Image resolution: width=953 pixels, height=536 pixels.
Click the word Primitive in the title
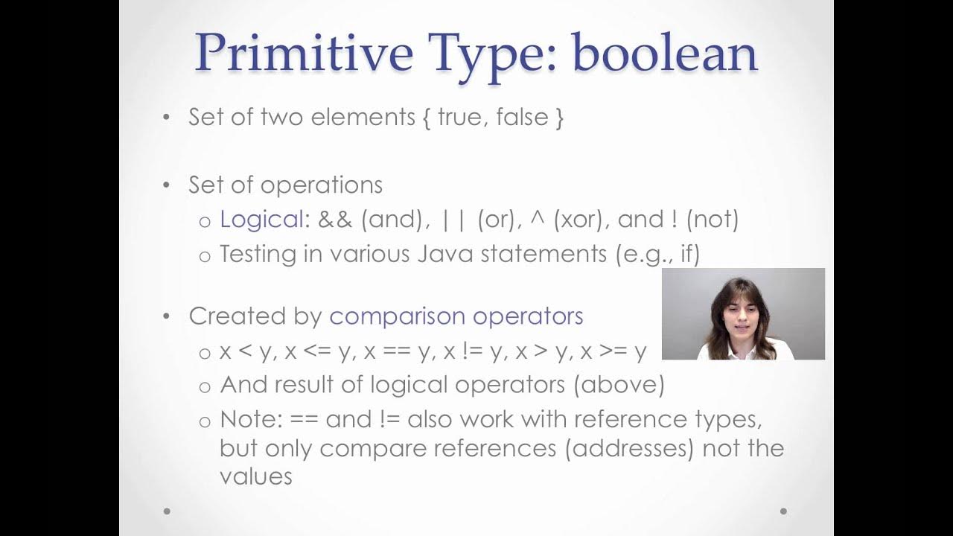click(x=304, y=54)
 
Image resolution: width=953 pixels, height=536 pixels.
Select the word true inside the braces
click(x=460, y=117)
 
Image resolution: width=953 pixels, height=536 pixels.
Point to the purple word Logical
click(x=261, y=219)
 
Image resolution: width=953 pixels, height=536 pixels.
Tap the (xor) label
click(x=578, y=219)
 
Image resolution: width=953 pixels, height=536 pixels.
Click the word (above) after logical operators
click(x=622, y=384)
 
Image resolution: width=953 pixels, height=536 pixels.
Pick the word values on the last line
click(x=256, y=476)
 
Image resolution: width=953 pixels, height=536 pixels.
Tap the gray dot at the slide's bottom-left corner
click(x=167, y=511)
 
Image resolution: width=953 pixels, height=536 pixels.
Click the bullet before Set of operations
click(x=167, y=185)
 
